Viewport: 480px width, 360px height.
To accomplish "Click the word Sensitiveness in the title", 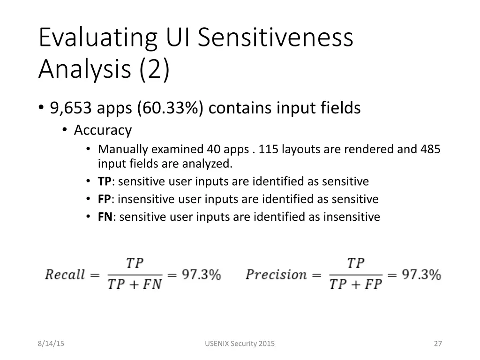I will click(275, 37).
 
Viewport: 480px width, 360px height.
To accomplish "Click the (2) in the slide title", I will click(154, 69).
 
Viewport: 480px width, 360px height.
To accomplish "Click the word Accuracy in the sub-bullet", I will click(103, 130).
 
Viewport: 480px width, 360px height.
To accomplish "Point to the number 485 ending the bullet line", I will click(430, 150).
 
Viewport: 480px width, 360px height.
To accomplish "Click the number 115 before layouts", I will click(268, 150).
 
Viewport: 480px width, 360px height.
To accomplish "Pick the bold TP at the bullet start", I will click(105, 181).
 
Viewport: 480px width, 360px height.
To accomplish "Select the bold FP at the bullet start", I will click(104, 199).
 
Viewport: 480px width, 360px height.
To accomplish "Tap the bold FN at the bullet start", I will click(105, 217).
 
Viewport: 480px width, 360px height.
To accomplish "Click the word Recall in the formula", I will click(65, 275).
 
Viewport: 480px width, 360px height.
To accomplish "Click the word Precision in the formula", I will click(276, 275).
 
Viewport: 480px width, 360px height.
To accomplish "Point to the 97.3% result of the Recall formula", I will click(201, 275).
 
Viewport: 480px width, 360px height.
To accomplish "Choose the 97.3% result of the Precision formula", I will click(421, 275).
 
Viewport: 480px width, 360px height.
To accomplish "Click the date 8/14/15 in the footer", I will click(51, 344).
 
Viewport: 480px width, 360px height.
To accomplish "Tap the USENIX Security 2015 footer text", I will click(240, 344).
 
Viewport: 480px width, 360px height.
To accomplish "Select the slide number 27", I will click(438, 344).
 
